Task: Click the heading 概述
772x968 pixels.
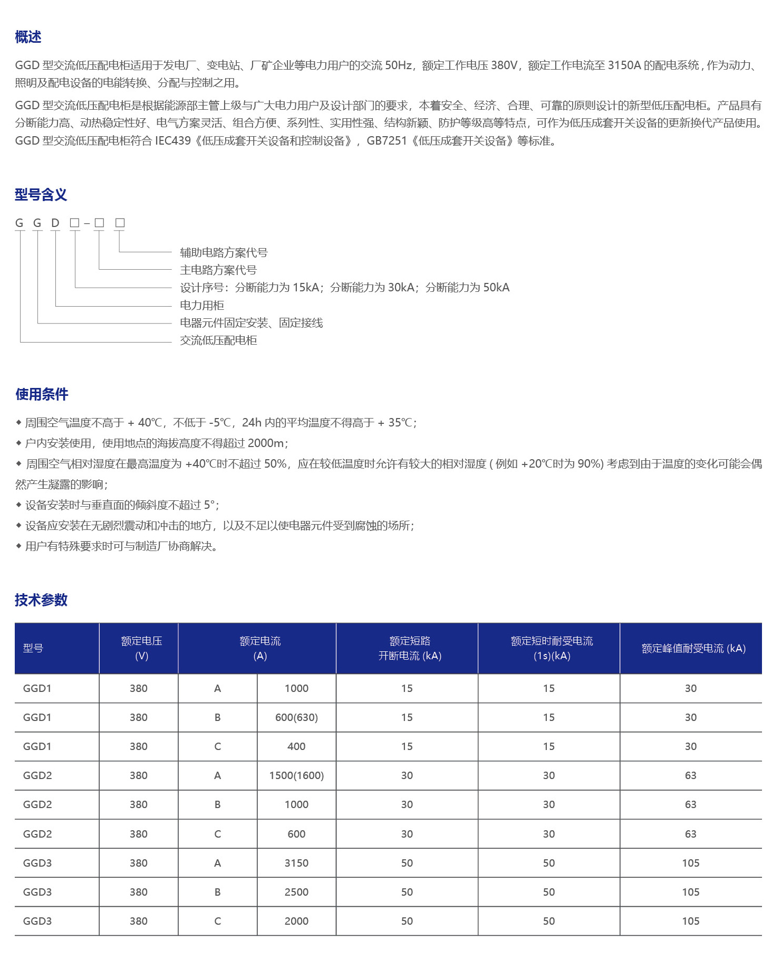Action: [28, 37]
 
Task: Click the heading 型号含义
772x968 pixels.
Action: [41, 195]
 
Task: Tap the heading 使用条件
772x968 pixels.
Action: [42, 394]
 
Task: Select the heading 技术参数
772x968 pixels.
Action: [41, 600]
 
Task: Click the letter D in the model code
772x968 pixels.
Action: [55, 223]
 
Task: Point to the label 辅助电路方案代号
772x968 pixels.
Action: [224, 253]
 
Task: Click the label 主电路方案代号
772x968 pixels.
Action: [218, 270]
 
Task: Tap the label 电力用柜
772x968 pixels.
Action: [202, 306]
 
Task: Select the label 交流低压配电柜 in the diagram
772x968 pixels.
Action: [218, 340]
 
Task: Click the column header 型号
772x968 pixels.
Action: [33, 648]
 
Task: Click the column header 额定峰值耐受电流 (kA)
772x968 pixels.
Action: [693, 649]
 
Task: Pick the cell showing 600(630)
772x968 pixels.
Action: [296, 717]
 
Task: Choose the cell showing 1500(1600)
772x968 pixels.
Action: [296, 775]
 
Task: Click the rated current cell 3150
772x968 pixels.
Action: [296, 863]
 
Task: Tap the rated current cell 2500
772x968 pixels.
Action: [296, 892]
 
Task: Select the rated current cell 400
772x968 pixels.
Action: [296, 746]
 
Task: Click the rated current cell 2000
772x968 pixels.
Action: [296, 921]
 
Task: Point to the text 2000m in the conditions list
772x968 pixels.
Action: [267, 443]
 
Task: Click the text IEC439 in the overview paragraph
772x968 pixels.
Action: [173, 141]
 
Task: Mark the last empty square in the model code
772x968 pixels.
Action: [120, 223]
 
